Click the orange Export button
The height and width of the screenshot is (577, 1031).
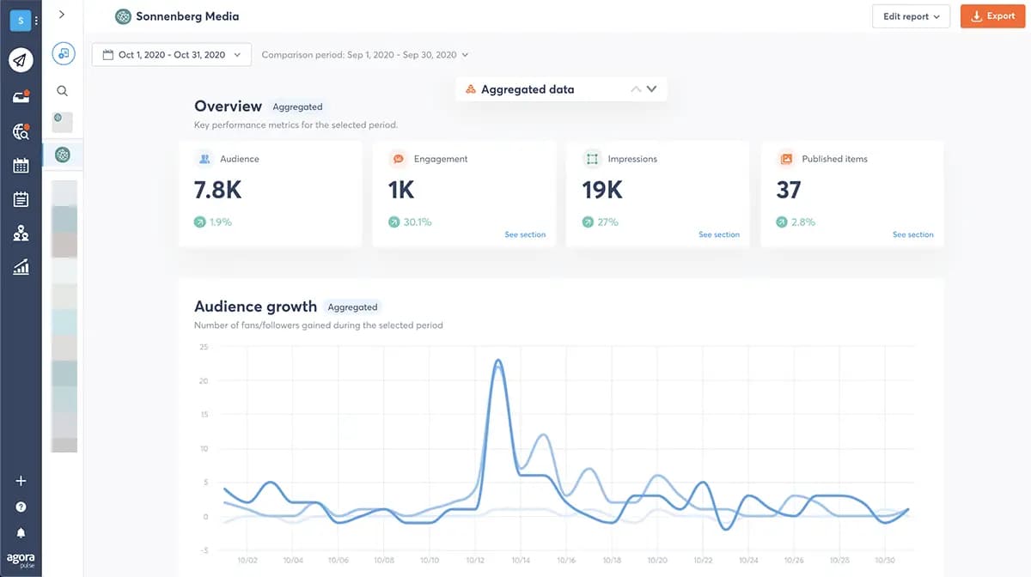click(x=991, y=16)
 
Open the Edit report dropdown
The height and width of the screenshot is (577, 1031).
click(x=911, y=16)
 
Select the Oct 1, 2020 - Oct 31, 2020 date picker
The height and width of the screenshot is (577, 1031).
click(x=171, y=55)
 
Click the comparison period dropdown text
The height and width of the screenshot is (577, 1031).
click(x=364, y=55)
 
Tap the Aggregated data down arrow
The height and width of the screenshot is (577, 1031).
click(x=651, y=89)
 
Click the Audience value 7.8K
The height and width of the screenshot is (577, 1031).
click(x=217, y=190)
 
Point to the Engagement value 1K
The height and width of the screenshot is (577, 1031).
click(x=401, y=190)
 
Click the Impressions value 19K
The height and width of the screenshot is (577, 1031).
click(x=601, y=190)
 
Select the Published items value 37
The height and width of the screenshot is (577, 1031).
click(x=788, y=190)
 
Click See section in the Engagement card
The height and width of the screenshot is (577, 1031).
click(x=524, y=234)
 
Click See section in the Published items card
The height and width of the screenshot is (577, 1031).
click(x=912, y=234)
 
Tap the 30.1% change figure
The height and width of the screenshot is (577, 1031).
click(x=417, y=222)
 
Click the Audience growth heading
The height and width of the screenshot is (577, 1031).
click(x=255, y=307)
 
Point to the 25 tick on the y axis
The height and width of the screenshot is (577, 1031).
click(x=204, y=347)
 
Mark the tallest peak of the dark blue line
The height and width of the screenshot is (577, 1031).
click(x=498, y=361)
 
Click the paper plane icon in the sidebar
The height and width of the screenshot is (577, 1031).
click(x=21, y=59)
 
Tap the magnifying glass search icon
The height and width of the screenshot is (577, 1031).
click(x=62, y=91)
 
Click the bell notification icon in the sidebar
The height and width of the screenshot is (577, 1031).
click(x=21, y=533)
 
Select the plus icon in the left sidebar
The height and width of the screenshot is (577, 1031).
click(x=21, y=481)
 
